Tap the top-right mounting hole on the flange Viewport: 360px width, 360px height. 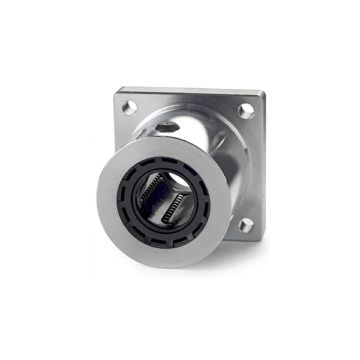(246, 111)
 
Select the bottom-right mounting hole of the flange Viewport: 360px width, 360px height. (246, 225)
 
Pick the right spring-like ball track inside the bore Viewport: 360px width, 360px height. (175, 207)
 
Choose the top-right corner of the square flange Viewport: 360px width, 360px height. (263, 93)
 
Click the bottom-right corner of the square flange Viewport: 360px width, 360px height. (262, 239)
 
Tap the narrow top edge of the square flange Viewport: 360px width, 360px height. (192, 91)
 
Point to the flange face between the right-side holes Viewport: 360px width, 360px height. (251, 168)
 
